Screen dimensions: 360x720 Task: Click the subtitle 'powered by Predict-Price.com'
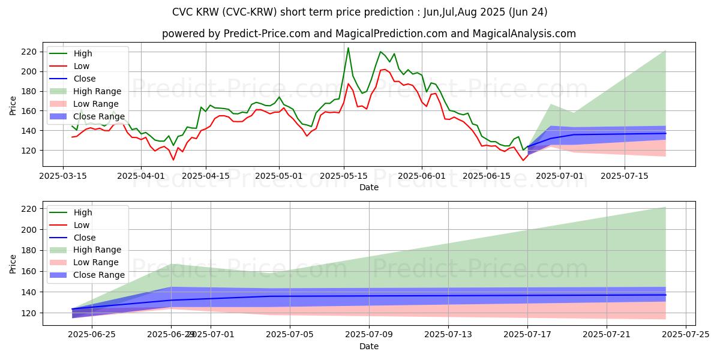[368, 34]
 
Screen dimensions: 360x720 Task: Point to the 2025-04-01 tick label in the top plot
[140, 176]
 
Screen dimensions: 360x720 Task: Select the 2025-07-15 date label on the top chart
[625, 176]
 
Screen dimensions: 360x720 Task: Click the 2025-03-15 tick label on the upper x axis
[63, 176]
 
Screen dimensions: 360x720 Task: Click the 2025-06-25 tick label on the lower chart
[92, 335]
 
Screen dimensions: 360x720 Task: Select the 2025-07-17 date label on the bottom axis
[527, 335]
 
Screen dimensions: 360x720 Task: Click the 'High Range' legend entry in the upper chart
[97, 92]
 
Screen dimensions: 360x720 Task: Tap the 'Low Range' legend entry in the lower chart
[96, 263]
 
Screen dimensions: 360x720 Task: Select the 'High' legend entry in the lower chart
[82, 212]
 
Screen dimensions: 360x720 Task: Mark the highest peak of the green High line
[348, 48]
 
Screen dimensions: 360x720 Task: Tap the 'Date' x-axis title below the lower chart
[368, 347]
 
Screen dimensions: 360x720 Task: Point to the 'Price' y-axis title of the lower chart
[13, 263]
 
